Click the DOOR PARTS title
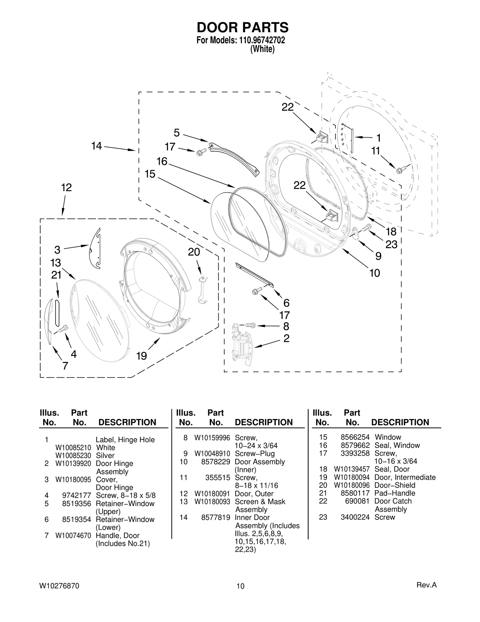242,27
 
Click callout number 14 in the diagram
97,146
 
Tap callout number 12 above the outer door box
66,188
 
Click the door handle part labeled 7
49,321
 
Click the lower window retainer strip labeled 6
254,275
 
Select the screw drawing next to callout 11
401,169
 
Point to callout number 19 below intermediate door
141,356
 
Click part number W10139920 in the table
73,464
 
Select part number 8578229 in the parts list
215,462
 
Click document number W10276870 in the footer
59,586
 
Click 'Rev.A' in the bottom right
426,585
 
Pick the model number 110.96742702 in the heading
262,40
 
